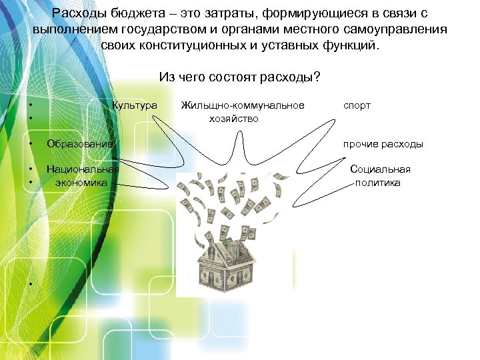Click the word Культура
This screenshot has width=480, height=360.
[x=135, y=105]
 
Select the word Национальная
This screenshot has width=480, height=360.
[x=83, y=169]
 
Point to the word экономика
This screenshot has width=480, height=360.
[x=81, y=182]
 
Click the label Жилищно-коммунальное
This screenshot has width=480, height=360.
[x=242, y=105]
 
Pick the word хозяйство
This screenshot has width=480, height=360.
[x=233, y=119]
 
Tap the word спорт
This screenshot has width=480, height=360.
[x=357, y=105]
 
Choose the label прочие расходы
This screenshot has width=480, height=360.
[x=383, y=144]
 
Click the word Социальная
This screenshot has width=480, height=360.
[x=380, y=169]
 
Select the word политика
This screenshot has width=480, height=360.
[x=378, y=182]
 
